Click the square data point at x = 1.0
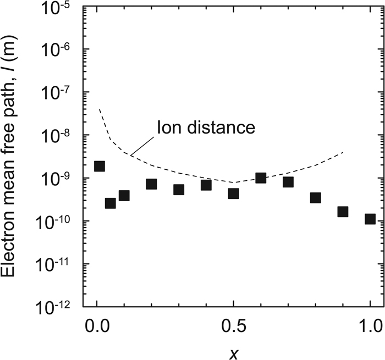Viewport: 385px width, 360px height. click(x=370, y=219)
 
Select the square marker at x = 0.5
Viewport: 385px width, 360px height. click(x=233, y=193)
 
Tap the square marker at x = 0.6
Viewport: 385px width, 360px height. click(x=261, y=178)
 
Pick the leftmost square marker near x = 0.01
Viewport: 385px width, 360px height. click(x=100, y=167)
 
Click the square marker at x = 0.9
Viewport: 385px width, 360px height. click(x=343, y=212)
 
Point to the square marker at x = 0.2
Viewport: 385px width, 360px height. click(x=151, y=184)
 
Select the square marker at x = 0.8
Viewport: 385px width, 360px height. click(x=315, y=198)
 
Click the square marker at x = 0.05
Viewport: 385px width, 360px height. click(x=111, y=203)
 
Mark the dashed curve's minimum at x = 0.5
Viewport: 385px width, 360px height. click(x=233, y=182)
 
